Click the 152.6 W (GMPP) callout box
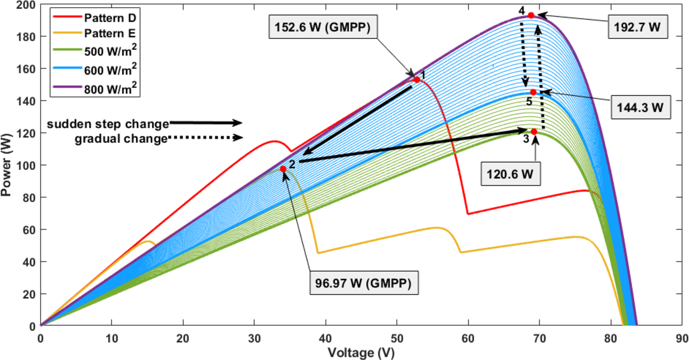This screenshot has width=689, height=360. (x=323, y=27)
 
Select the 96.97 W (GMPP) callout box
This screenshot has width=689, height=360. (x=363, y=283)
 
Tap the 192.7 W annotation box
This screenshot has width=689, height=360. (x=637, y=27)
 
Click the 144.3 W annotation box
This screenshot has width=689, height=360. (x=640, y=107)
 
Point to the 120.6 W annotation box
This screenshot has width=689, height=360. (x=510, y=174)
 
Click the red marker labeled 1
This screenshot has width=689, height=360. (x=417, y=80)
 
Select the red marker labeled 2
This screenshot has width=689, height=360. (x=283, y=169)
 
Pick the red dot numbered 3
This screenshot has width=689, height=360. (x=534, y=132)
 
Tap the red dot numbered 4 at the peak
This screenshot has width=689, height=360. (x=531, y=15)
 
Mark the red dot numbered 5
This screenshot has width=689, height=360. (x=533, y=92)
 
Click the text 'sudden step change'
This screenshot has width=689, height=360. (x=108, y=124)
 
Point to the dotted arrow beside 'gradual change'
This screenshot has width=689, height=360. (x=205, y=138)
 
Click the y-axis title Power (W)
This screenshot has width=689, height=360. (x=6, y=165)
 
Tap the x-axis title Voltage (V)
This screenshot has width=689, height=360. (x=361, y=352)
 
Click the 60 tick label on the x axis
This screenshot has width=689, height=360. (x=468, y=338)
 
